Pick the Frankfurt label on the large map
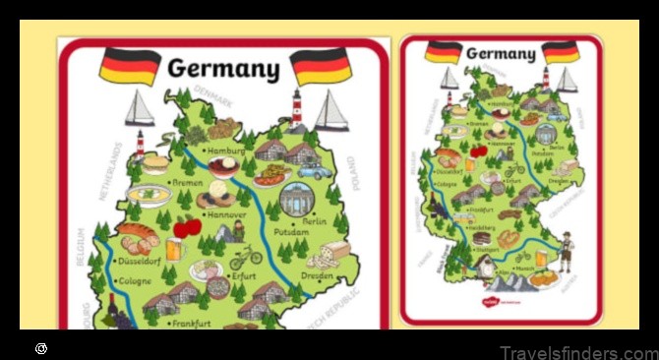(193, 323)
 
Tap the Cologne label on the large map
(134, 281)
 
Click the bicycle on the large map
(246, 257)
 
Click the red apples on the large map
(188, 227)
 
